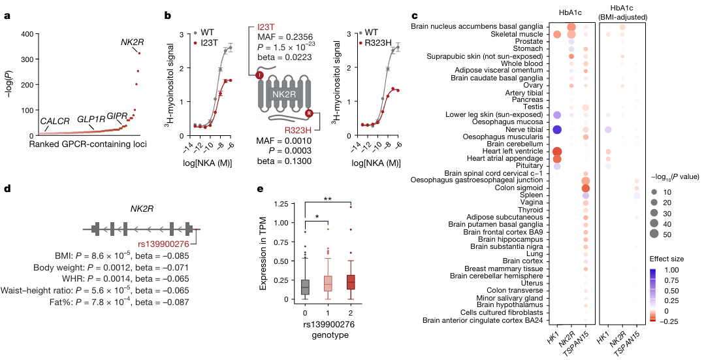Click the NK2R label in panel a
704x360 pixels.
pos(133,42)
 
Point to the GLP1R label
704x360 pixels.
pos(91,120)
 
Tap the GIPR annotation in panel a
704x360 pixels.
pos(118,116)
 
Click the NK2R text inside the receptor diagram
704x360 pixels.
pos(284,95)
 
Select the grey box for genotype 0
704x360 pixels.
pos(306,287)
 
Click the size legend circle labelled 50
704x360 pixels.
pos(655,233)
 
